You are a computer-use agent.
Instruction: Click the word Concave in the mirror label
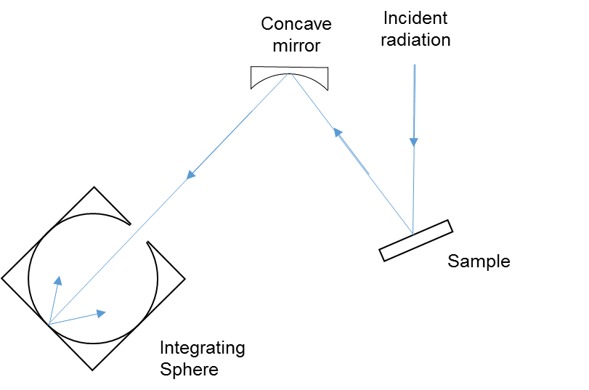[x=296, y=24]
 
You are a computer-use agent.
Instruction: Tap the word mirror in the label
[x=296, y=46]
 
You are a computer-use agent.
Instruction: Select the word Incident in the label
[x=415, y=18]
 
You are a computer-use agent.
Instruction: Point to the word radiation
[x=416, y=39]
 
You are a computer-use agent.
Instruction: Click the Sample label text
[x=479, y=261]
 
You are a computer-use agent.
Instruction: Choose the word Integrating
[x=202, y=348]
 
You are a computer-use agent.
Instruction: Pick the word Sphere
[x=189, y=369]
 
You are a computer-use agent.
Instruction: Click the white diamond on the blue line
[x=139, y=233]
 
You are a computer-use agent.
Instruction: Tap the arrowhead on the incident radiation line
[x=413, y=142]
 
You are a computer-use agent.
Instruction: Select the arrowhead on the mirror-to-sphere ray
[x=192, y=174]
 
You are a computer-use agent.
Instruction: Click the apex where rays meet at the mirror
[x=291, y=73]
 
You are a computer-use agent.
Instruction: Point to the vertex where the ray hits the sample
[x=413, y=235]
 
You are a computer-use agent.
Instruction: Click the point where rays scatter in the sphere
[x=48, y=324]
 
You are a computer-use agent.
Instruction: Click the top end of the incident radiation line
[x=415, y=65]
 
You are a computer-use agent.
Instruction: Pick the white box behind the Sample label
[x=512, y=261]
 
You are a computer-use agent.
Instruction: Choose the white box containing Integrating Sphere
[x=211, y=358]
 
